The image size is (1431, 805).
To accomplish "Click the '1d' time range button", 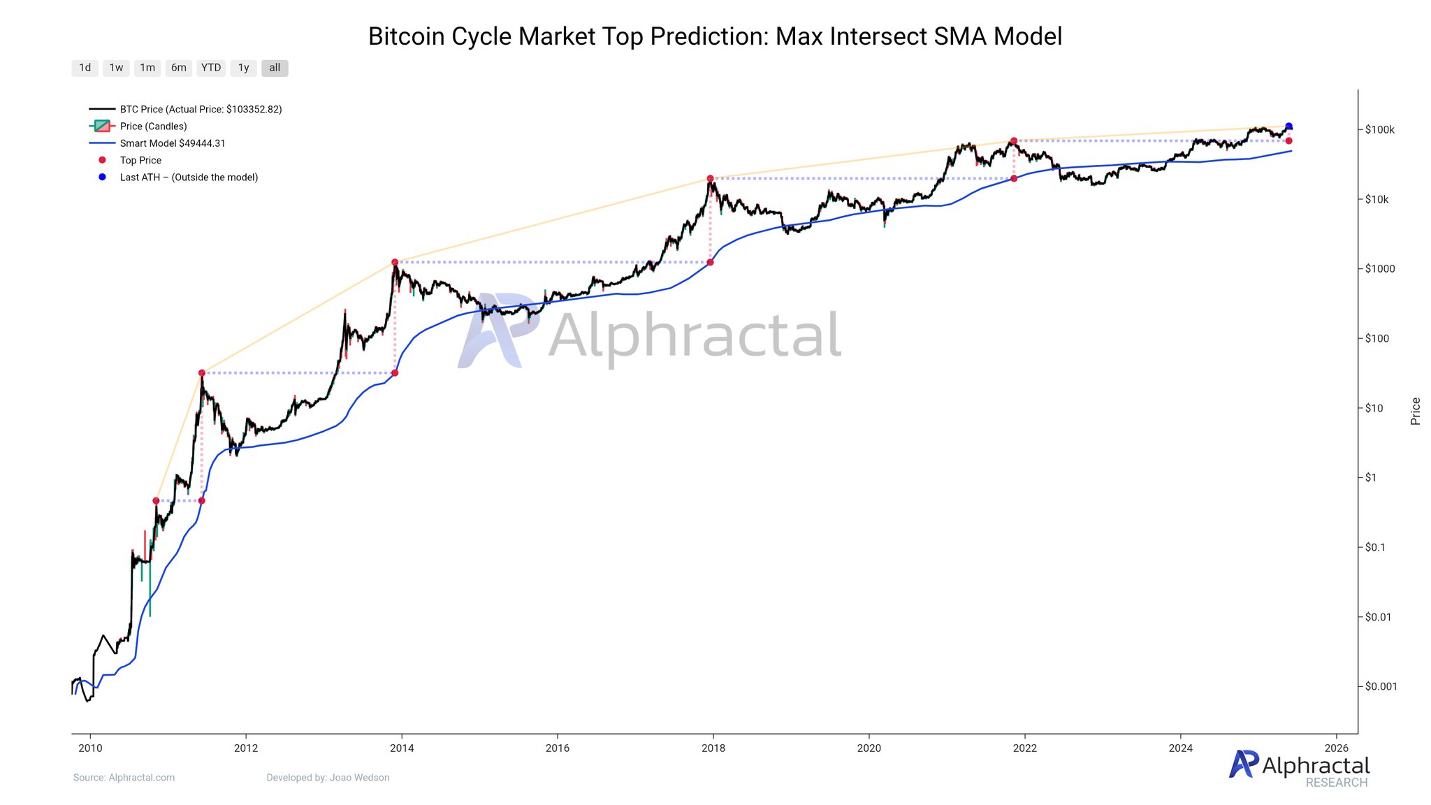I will point(85,68).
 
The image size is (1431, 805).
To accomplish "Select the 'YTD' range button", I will point(210,68).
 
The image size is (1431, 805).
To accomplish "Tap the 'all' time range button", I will point(275,68).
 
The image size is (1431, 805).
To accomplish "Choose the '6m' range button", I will point(179,68).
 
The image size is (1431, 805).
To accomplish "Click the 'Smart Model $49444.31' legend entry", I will point(172,143).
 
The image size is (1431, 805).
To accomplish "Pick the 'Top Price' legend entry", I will point(140,160).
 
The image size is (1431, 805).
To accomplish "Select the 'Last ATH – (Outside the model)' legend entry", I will point(189,177).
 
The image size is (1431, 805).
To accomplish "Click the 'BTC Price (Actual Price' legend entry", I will point(201,110).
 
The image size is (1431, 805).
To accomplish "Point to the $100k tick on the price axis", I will point(1379,130).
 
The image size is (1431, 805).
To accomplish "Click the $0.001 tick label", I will point(1381,686).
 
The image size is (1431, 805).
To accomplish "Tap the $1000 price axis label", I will point(1379,269).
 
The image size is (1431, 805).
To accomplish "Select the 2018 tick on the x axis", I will point(713,748).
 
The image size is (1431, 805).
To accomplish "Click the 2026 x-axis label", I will point(1336,748).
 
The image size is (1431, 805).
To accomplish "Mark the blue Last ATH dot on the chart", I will point(1288,126).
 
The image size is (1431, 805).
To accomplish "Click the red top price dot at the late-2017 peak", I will point(710,179).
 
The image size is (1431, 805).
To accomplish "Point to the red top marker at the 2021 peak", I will point(1013,141).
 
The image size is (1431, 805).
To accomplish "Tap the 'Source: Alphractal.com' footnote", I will point(124,778).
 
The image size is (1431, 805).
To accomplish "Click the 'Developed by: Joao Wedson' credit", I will point(328,778).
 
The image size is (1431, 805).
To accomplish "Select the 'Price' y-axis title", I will point(1415,411).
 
